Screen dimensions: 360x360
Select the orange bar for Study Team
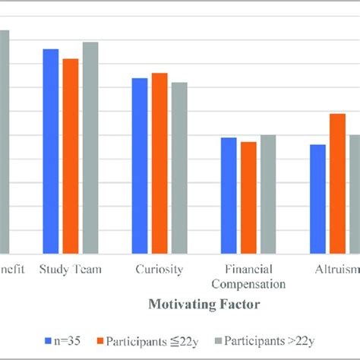coord(70,156)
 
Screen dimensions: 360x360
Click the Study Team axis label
coord(71,269)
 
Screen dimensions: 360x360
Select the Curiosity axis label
coord(159,269)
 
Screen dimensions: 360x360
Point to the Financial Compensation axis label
coord(248,276)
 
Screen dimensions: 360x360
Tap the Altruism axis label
coord(336,269)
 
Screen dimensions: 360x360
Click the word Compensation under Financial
coord(248,284)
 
